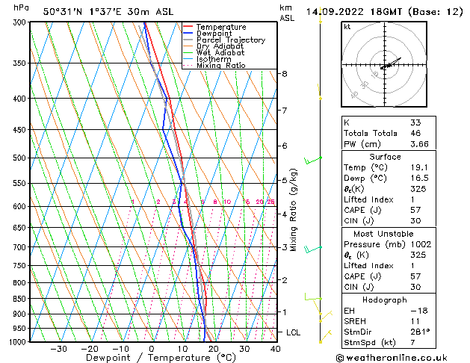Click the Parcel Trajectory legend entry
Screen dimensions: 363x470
230,40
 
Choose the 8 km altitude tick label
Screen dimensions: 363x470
284,74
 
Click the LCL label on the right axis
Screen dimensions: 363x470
294,332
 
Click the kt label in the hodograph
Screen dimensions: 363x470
347,26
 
